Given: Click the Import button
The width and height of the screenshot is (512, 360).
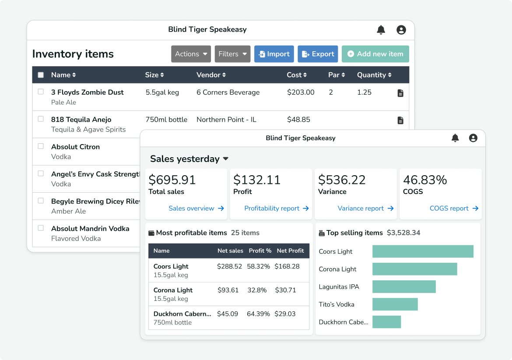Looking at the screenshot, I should [x=274, y=54].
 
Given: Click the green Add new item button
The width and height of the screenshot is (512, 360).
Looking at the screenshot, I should [x=375, y=54].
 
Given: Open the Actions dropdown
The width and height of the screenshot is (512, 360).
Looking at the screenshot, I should [x=191, y=54].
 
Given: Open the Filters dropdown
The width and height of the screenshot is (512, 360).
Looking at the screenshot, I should [x=232, y=54].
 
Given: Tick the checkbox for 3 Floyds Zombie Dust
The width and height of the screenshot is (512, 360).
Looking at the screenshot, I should [x=41, y=92].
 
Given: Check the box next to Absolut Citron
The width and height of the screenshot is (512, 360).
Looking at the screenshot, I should [x=41, y=146].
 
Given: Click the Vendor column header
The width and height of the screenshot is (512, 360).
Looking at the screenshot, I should [x=211, y=75].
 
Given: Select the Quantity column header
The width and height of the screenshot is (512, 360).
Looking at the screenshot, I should [x=374, y=75].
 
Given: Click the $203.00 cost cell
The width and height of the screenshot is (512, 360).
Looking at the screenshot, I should [x=301, y=92].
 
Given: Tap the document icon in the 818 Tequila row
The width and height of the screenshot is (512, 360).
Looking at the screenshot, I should [x=400, y=120].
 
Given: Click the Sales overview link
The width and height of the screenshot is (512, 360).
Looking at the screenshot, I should [x=196, y=208].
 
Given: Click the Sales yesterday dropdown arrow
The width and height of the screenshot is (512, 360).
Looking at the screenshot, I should [x=226, y=159].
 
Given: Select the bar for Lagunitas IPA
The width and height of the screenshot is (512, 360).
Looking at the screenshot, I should [x=404, y=287].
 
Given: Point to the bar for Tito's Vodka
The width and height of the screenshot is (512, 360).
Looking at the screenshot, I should [x=395, y=304].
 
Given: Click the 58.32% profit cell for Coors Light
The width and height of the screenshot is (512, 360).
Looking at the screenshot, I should [x=258, y=266].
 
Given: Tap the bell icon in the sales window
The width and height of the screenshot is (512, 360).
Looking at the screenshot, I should [x=455, y=138].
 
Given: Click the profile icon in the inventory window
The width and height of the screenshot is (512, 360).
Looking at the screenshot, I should [x=401, y=30].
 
